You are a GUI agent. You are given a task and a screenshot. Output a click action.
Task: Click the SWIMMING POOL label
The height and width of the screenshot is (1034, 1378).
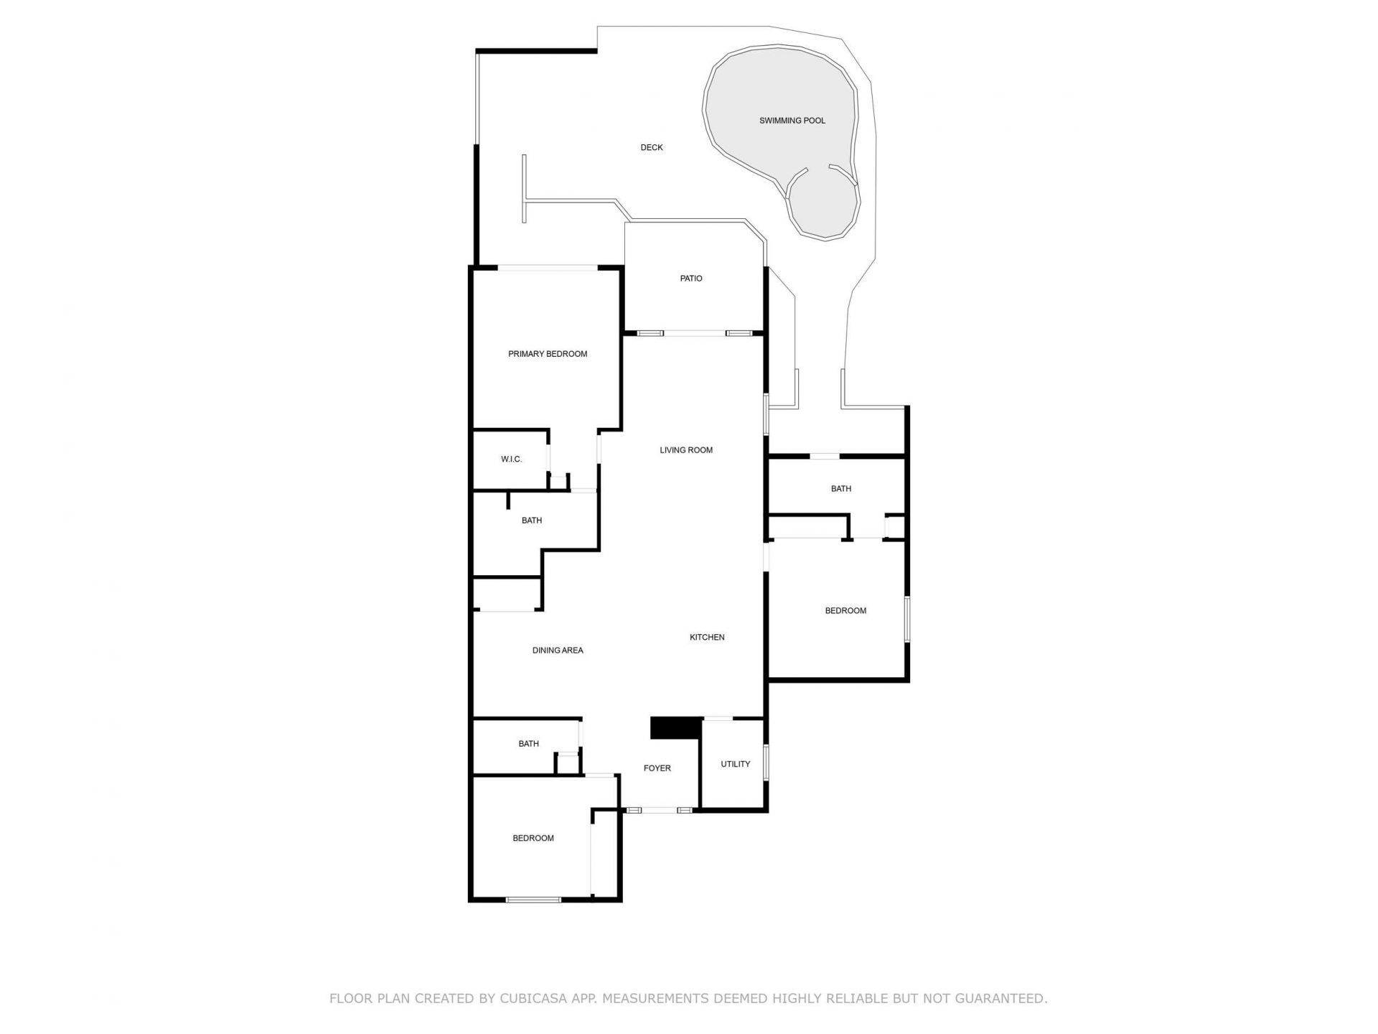[x=792, y=121]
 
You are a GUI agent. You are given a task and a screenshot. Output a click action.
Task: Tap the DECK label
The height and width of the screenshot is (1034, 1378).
[x=651, y=147]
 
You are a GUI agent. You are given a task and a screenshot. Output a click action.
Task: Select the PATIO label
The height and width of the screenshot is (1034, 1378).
[x=691, y=279]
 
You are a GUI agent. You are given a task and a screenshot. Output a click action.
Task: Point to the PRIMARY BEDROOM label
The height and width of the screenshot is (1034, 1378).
[x=548, y=354]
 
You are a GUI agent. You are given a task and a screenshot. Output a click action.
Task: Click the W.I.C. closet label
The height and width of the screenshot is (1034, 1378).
[x=511, y=460]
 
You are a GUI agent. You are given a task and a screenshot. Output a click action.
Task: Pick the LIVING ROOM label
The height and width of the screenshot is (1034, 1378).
[x=686, y=450]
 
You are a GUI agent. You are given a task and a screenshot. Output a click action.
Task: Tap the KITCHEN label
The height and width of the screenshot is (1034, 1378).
[x=707, y=637]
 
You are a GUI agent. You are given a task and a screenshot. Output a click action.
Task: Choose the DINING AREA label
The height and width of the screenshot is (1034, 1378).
[x=558, y=651]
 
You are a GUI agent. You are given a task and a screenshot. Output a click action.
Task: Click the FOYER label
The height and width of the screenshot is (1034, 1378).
[x=657, y=768]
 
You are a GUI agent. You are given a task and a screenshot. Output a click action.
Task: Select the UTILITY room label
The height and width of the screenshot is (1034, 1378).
[x=735, y=764]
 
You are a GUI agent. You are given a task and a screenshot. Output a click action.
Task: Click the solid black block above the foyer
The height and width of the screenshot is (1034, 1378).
[x=675, y=727]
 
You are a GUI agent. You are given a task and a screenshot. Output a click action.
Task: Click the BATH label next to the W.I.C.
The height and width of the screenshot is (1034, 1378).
[x=531, y=521]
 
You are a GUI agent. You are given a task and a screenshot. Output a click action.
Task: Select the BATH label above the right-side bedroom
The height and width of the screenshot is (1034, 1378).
[x=840, y=489]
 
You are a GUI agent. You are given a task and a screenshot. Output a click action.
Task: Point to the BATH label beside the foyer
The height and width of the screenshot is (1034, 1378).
[x=528, y=744]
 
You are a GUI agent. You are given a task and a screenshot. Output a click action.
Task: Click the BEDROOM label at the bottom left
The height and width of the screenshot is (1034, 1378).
[x=533, y=838]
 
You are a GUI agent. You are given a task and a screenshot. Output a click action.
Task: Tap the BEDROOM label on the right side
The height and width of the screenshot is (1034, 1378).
[x=845, y=611]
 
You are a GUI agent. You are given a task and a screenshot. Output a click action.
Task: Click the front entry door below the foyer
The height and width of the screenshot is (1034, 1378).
[x=659, y=810]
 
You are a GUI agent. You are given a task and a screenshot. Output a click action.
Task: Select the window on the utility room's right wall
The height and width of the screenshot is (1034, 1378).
[x=766, y=763]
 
